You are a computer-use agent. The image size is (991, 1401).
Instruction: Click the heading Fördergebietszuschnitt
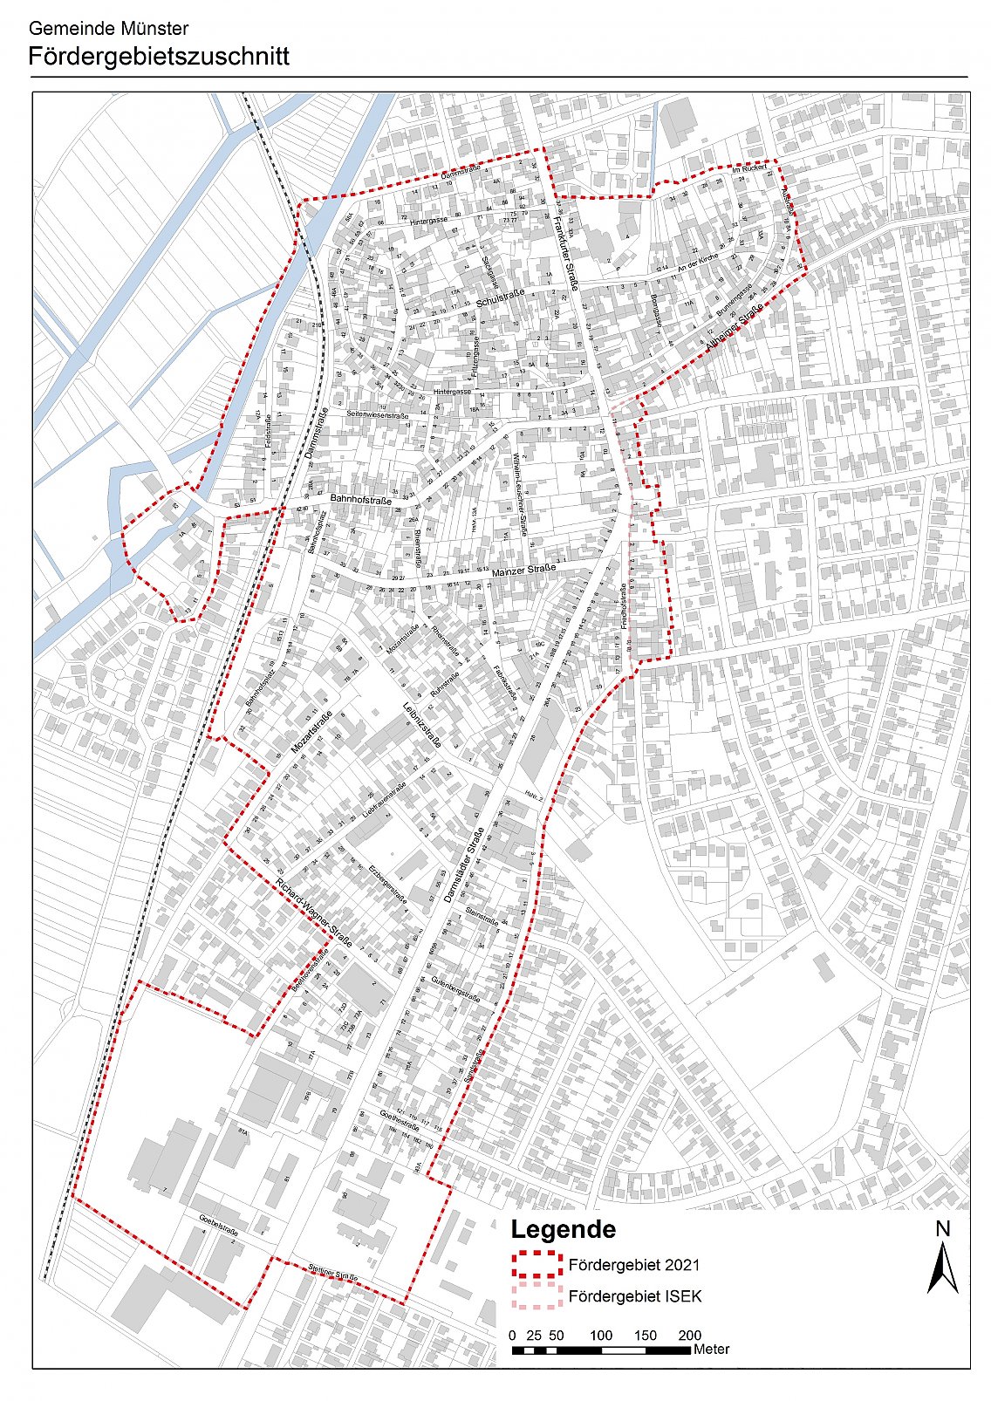tap(159, 58)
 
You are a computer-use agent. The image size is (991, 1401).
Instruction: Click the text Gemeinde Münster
tap(108, 30)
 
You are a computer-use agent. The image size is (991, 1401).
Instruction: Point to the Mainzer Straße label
tap(523, 571)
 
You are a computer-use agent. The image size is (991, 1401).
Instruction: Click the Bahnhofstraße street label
tap(360, 499)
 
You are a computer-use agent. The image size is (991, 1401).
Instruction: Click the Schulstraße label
tap(501, 299)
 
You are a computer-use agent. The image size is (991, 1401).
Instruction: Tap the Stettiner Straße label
tap(333, 1273)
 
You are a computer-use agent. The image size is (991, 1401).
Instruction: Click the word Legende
tap(563, 1229)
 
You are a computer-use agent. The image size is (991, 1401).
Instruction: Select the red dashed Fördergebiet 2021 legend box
tap(536, 1264)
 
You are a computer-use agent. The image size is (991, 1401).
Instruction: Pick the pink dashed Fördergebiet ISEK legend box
tap(536, 1295)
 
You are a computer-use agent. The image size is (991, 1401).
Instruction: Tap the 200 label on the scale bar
tap(689, 1335)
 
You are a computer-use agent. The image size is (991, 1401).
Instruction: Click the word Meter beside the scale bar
tap(711, 1350)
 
